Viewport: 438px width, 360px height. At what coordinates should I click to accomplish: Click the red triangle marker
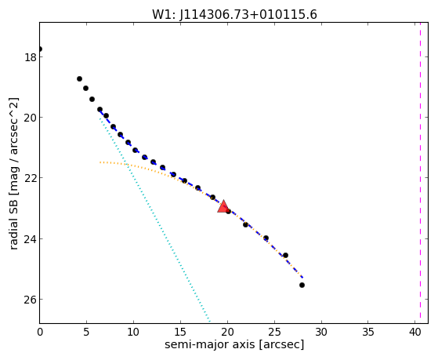[x=223, y=207]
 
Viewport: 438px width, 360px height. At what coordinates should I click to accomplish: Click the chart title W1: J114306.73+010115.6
[x=234, y=14]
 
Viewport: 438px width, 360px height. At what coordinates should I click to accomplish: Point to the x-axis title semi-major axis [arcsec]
[x=234, y=344]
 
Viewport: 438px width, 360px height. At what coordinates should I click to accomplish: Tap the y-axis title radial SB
[x=13, y=173]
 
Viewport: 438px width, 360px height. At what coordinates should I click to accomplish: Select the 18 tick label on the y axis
[x=30, y=57]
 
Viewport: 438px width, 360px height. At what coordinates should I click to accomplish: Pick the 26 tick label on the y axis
[x=30, y=300]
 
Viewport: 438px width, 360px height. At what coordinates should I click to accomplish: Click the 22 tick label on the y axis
[x=30, y=178]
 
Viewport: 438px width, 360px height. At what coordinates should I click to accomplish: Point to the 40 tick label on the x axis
[x=414, y=332]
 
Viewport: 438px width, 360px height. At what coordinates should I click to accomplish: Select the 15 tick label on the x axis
[x=180, y=332]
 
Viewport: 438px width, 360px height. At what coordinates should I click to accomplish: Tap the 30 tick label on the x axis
[x=321, y=332]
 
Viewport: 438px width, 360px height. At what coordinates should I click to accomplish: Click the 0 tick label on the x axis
[x=40, y=332]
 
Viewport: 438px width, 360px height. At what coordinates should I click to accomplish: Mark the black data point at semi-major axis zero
[x=40, y=49]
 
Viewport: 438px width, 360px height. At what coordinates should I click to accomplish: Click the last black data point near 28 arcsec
[x=302, y=285]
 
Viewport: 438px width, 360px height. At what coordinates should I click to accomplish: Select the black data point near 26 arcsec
[x=285, y=255]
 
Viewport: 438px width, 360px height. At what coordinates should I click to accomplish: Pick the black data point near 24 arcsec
[x=266, y=238]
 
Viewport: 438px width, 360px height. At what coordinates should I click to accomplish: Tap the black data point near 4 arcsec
[x=79, y=79]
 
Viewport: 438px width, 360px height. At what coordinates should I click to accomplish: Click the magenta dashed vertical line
[x=420, y=173]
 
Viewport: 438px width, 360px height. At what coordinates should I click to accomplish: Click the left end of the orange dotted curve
[x=100, y=162]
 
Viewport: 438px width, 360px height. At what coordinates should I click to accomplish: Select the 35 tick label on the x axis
[x=368, y=332]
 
